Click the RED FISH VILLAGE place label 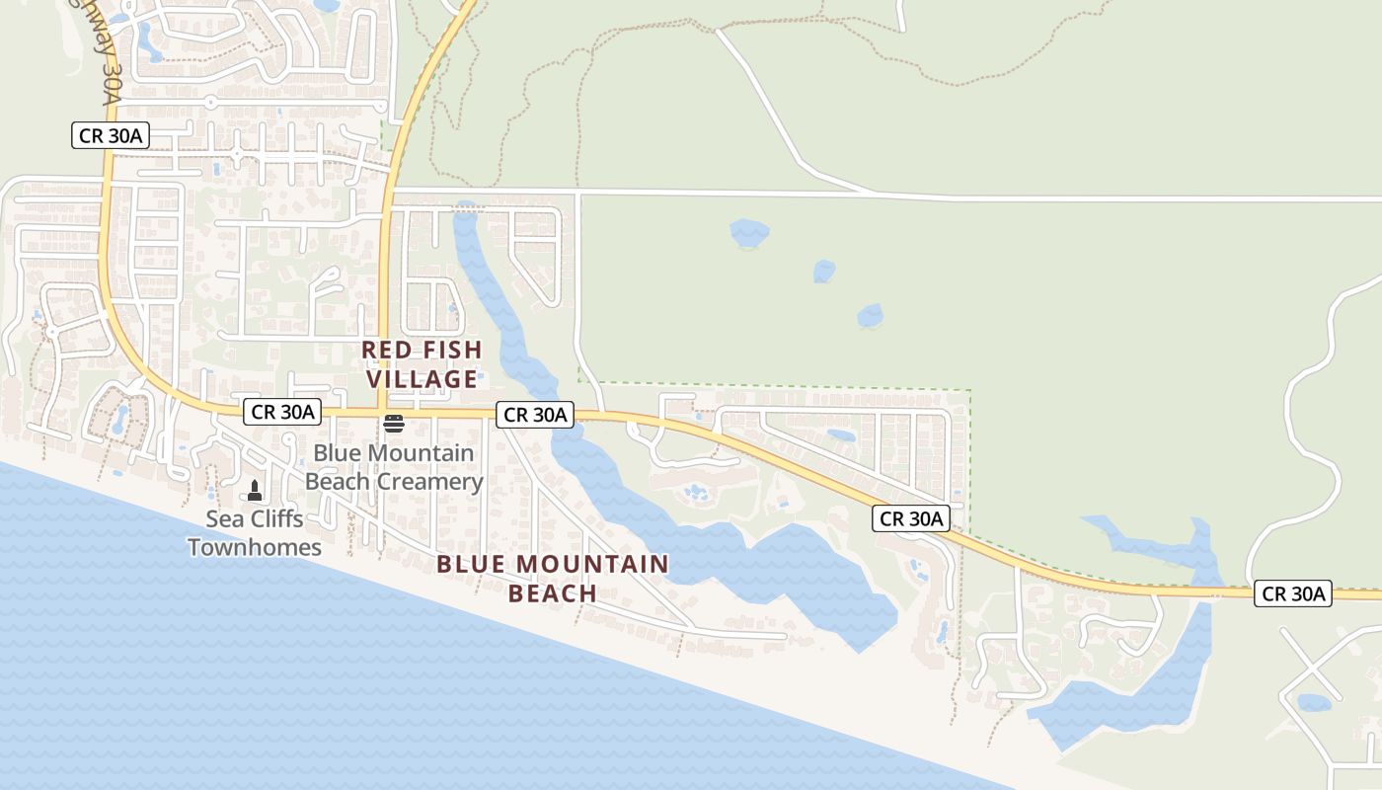coord(422,364)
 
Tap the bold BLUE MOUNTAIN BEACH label coord(553,579)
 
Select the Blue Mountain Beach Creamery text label coord(394,467)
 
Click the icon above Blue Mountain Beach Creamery coord(394,424)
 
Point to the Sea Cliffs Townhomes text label coord(255,533)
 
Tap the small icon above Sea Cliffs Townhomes coord(255,490)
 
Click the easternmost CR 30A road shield coord(1293,593)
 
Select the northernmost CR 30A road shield coord(111,136)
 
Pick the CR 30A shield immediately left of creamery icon coord(282,412)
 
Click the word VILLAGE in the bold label coord(422,379)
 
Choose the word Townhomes coord(255,547)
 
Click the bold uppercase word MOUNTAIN coord(591,565)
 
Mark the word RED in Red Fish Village coord(384,350)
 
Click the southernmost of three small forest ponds coord(870,316)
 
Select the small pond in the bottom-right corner coord(1313,703)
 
